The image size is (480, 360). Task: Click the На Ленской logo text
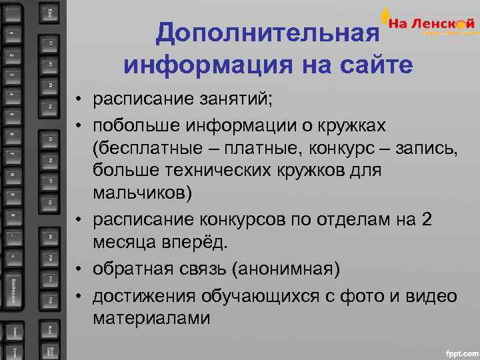(433, 23)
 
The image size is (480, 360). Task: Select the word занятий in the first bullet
(236, 101)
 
